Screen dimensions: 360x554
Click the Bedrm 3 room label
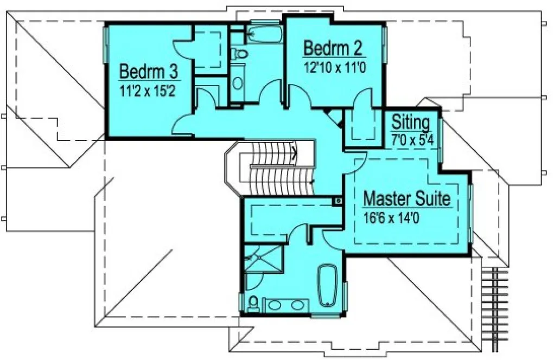[x=148, y=71]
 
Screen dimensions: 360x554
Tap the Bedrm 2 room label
[x=333, y=48]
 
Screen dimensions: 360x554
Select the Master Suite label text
[x=406, y=198]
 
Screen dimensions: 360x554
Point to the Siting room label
[x=411, y=121]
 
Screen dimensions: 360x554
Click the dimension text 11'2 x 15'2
[x=148, y=90]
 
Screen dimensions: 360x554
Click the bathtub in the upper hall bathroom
[x=264, y=34]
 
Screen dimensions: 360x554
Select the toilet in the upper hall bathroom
[x=239, y=54]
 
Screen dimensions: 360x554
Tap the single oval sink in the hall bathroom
[x=238, y=83]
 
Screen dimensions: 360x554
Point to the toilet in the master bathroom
[x=253, y=304]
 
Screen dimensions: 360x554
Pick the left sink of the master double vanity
[x=274, y=305]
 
